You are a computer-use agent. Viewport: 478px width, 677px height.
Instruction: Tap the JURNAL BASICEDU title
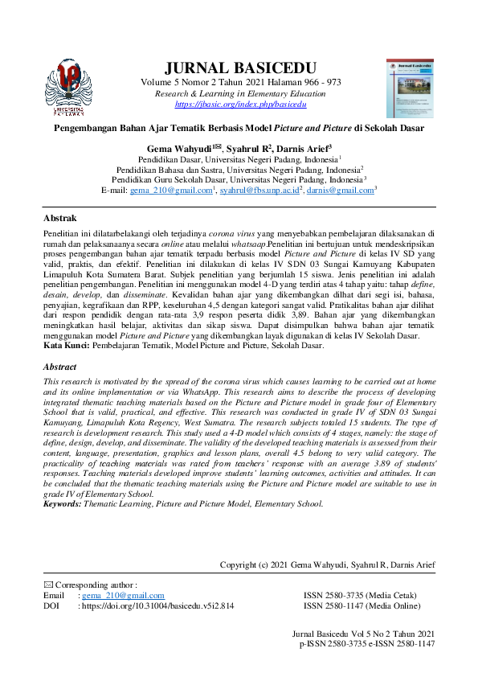click(239, 67)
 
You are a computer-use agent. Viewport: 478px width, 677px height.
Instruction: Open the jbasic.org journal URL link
click(240, 105)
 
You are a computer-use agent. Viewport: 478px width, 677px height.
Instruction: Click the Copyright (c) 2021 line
click(327, 565)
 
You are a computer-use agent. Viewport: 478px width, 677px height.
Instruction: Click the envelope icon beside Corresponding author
click(47, 585)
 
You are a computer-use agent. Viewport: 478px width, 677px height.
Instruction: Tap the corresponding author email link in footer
click(122, 595)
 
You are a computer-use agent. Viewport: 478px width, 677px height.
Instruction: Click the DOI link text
click(157, 605)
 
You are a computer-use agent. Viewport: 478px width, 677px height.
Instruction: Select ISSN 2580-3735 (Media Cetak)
click(359, 595)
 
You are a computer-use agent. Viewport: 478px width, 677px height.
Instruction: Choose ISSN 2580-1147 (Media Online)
click(361, 605)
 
